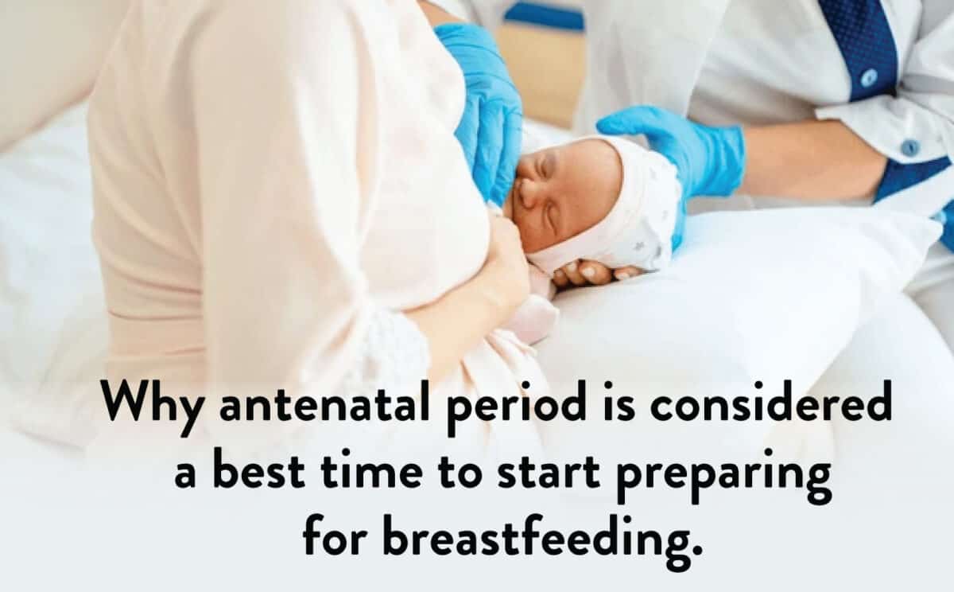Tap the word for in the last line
[335, 535]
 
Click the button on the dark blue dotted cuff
[869, 77]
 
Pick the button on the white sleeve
[909, 148]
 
